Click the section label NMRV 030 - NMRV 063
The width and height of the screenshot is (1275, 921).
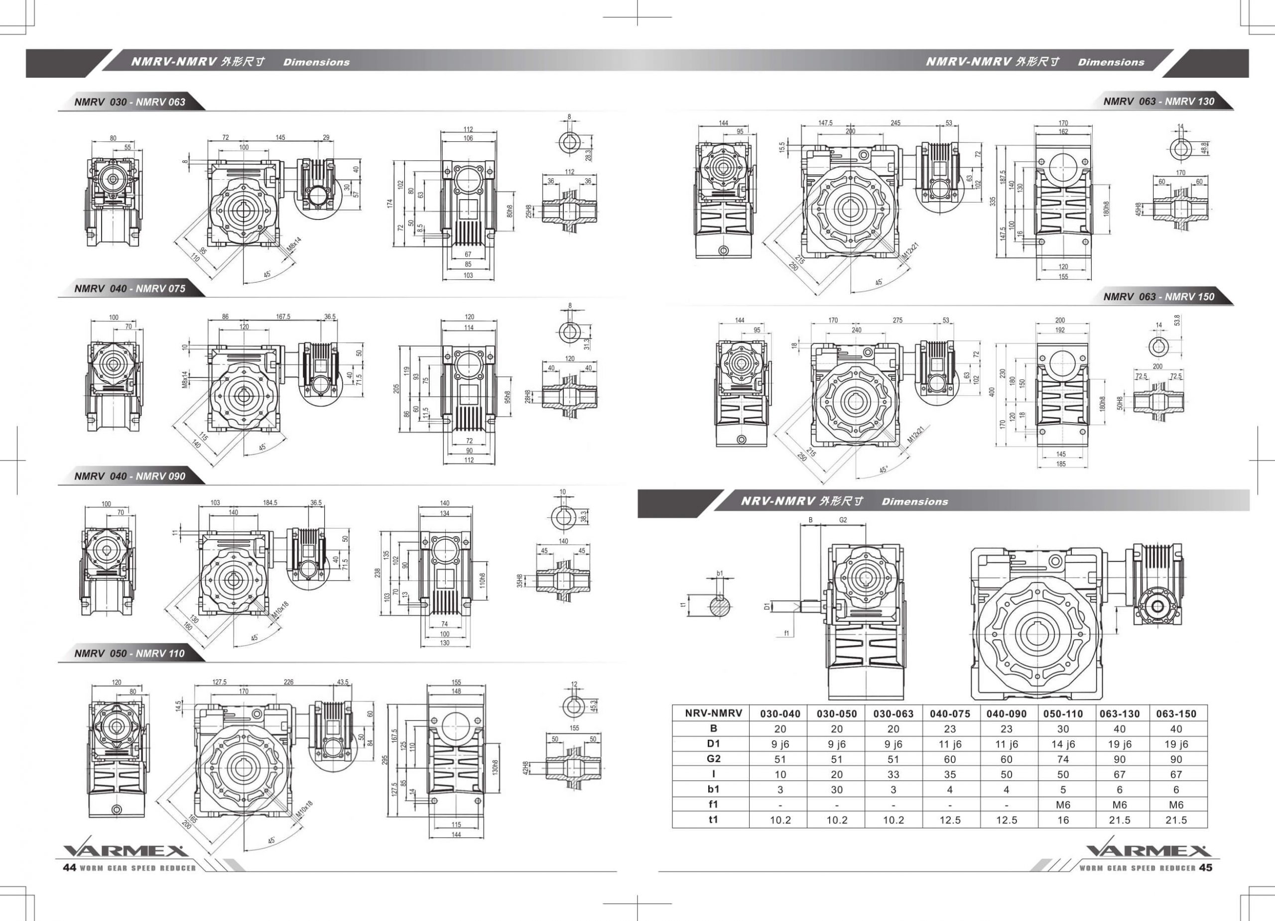tap(130, 102)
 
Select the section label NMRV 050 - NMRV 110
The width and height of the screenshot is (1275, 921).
tap(129, 654)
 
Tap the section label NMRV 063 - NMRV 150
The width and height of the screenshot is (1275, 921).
tap(1158, 297)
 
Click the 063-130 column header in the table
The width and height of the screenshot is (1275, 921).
tap(1119, 713)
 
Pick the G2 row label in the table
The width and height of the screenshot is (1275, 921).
tap(713, 759)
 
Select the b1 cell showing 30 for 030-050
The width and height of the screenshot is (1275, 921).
tap(837, 790)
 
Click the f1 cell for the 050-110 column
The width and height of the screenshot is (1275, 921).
tap(1062, 805)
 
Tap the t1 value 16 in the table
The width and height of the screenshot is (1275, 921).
tap(1062, 820)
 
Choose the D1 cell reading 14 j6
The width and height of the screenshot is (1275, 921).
tap(1062, 744)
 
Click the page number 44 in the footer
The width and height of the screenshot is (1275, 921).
tap(69, 868)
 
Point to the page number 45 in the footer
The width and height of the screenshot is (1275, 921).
tap(1205, 868)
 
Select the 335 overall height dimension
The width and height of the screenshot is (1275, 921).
tap(992, 201)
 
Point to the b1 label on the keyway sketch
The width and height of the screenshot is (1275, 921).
tap(720, 574)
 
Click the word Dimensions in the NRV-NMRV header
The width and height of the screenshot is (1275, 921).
tap(914, 502)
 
